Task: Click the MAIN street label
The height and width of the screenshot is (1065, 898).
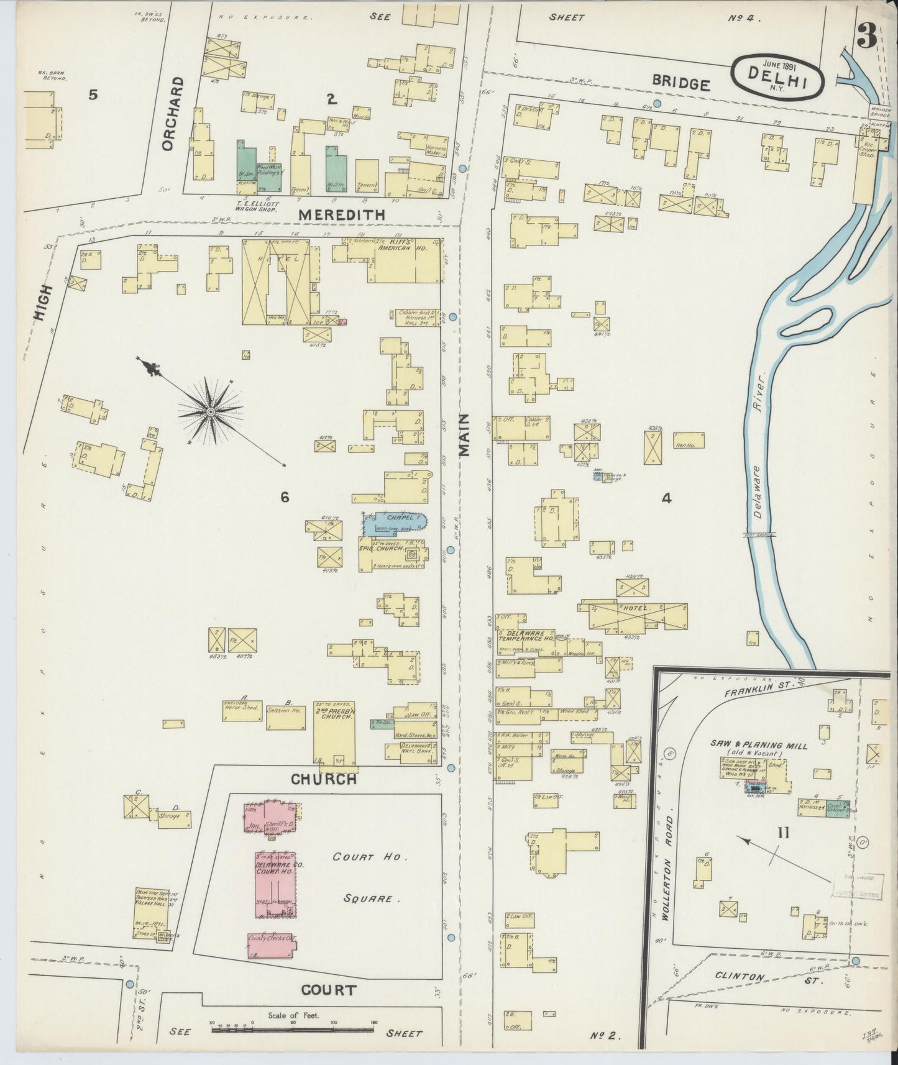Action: (x=465, y=436)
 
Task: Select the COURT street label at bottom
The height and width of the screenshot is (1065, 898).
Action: (x=329, y=990)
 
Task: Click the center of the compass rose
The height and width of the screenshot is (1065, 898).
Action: (x=211, y=411)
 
